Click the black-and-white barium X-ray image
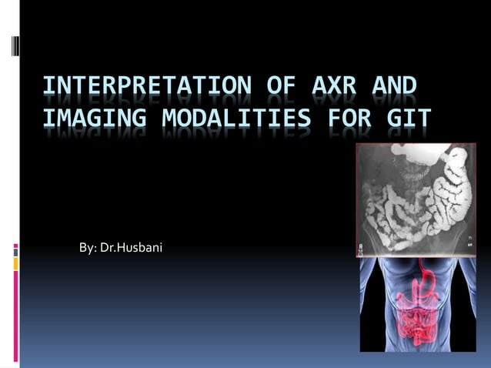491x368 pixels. pos(416,200)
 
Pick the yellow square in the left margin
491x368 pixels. pos(15,263)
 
